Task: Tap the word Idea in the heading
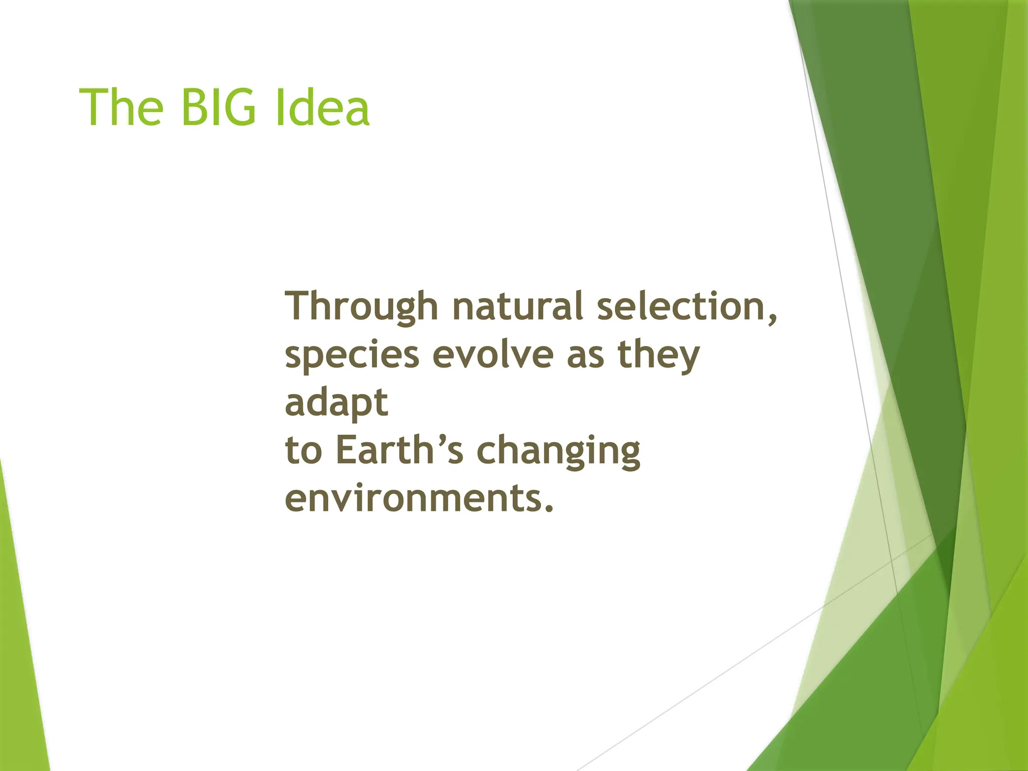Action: tap(322, 108)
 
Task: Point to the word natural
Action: tap(517, 306)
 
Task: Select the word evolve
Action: tap(492, 354)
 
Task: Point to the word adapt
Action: tap(336, 403)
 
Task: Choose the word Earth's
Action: tap(399, 450)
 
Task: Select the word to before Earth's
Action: tap(303, 450)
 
